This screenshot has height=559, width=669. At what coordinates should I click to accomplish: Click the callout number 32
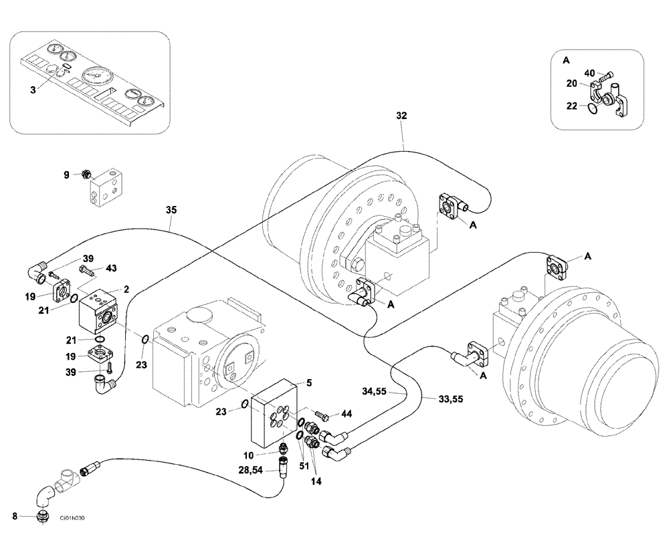click(x=401, y=115)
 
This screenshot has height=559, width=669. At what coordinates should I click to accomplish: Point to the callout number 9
click(x=67, y=175)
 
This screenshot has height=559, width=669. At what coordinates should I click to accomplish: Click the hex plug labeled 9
click(x=86, y=175)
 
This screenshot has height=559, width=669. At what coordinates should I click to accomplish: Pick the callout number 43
click(x=111, y=268)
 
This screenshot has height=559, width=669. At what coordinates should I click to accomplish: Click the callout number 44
click(x=346, y=415)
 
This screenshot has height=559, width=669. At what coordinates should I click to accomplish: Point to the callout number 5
click(x=309, y=383)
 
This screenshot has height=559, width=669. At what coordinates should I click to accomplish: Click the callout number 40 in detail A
click(x=589, y=73)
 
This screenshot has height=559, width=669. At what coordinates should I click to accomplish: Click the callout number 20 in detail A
click(x=571, y=84)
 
